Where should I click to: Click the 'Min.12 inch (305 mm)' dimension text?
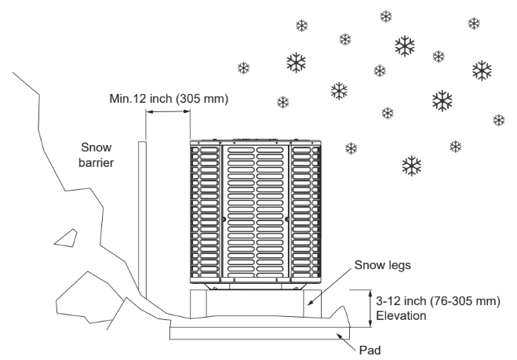[x=169, y=99]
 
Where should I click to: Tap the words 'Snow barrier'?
[x=96, y=155]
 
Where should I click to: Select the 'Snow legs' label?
[x=383, y=265]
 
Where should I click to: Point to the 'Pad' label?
[x=370, y=350]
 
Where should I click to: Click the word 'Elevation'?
[x=401, y=316]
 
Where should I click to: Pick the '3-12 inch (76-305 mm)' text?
[x=439, y=301]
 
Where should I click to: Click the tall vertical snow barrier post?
[x=143, y=220]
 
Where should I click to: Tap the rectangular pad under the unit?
[x=260, y=333]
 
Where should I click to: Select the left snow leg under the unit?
[x=198, y=304]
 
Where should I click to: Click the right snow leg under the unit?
[x=312, y=304]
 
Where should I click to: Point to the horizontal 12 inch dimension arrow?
[x=168, y=111]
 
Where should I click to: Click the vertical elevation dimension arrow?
[x=371, y=308]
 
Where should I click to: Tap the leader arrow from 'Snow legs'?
[x=329, y=287]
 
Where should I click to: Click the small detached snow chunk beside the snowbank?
[x=67, y=238]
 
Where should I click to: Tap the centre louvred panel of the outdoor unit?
[x=255, y=211]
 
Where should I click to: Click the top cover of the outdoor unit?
[x=256, y=142]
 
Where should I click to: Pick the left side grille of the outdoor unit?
[x=205, y=212]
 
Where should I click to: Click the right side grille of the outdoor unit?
[x=306, y=212]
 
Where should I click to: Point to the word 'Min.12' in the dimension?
[x=128, y=99]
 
